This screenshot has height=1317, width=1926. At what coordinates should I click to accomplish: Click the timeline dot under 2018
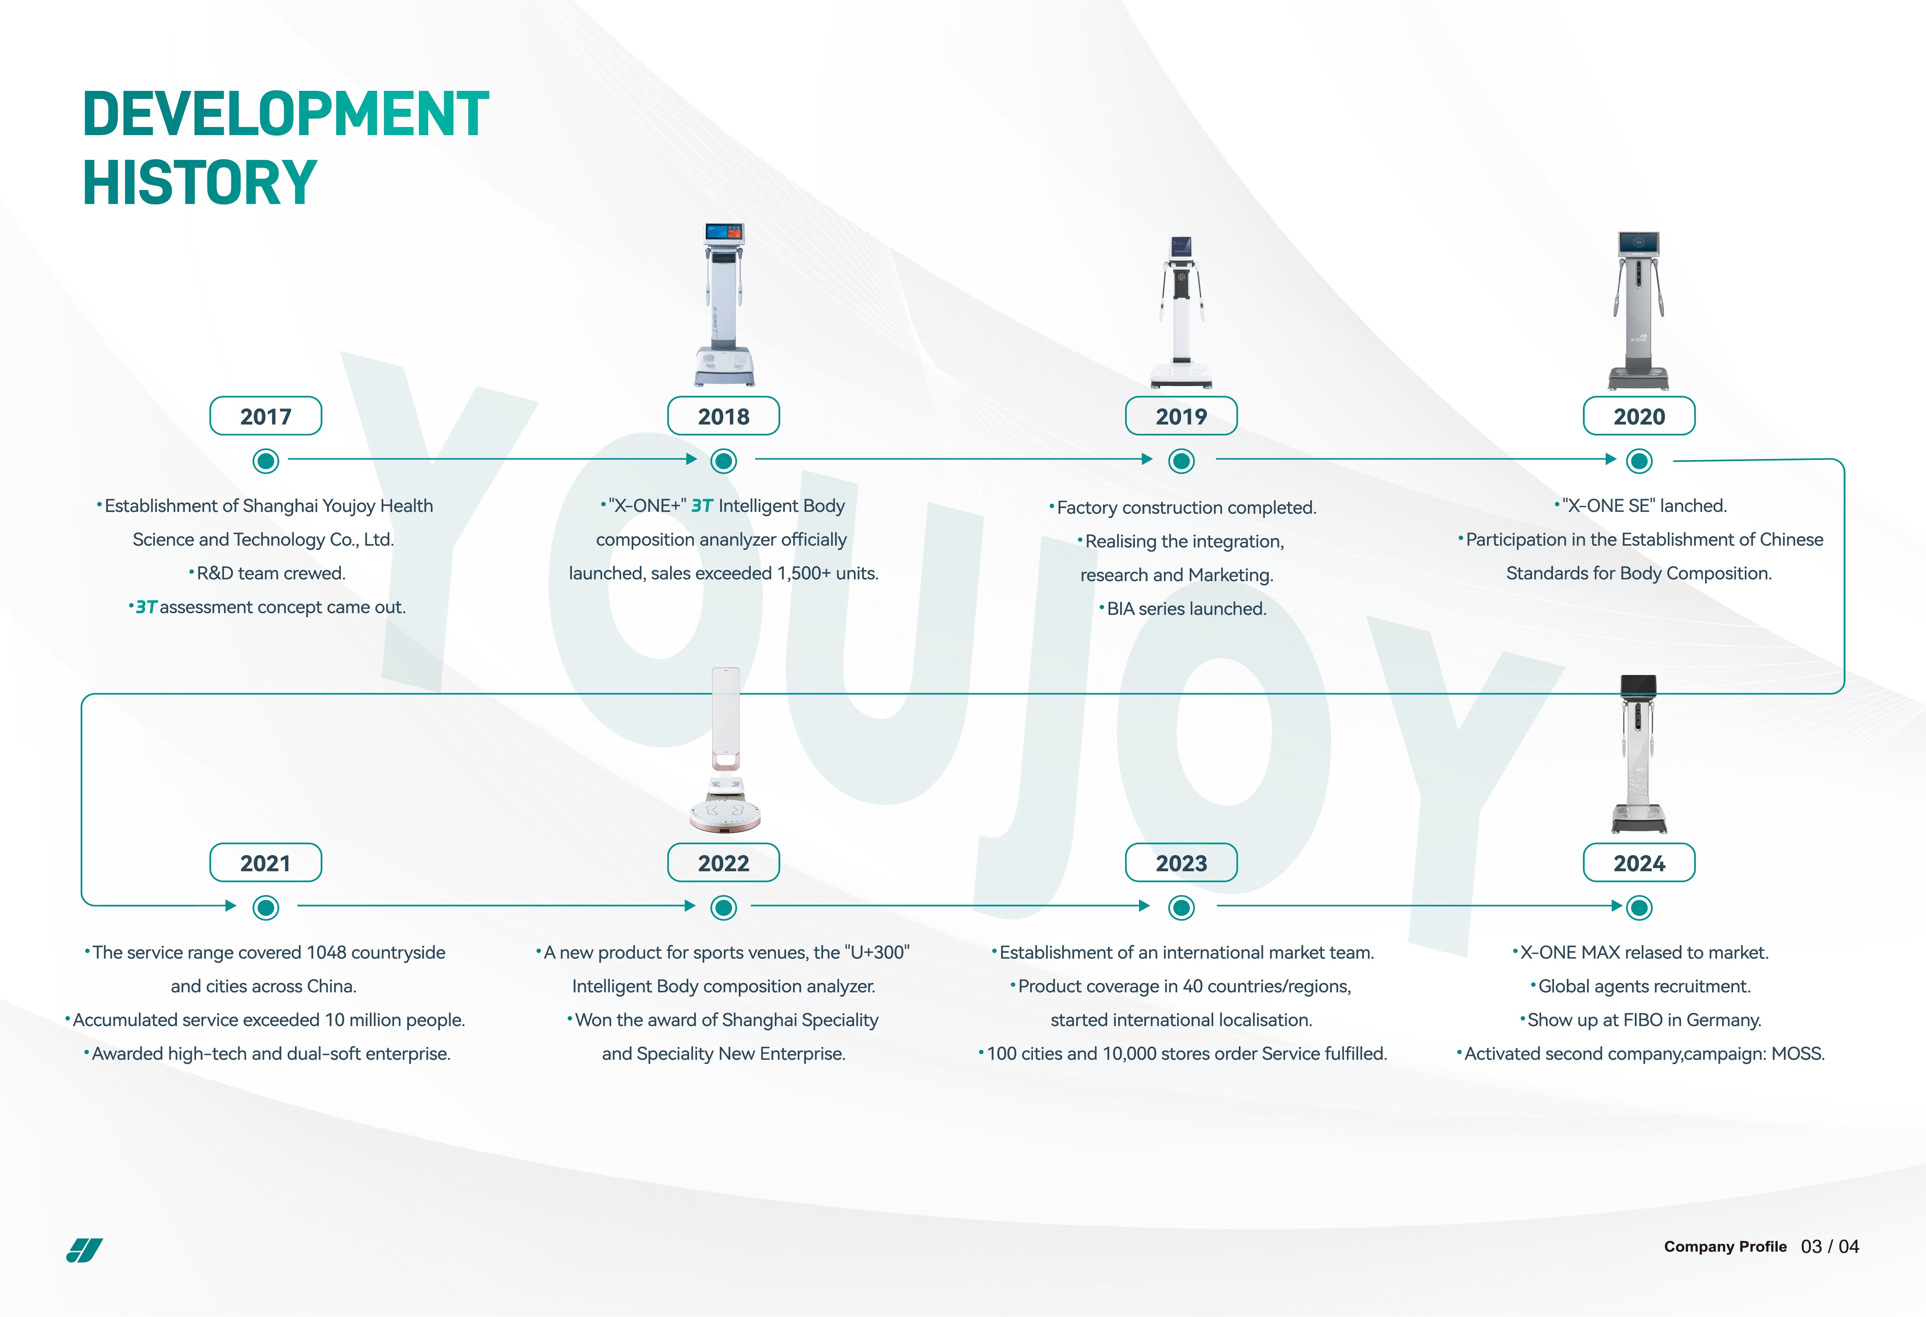pos(724,461)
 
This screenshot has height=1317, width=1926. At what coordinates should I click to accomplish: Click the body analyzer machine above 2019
pos(1181,313)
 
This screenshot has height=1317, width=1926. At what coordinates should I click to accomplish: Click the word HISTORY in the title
pos(200,182)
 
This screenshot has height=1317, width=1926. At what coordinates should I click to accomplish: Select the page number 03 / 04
pos(1830,1247)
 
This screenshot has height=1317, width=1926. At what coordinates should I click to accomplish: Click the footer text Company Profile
pos(1725,1247)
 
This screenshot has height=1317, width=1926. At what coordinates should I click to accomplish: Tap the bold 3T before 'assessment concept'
pos(146,607)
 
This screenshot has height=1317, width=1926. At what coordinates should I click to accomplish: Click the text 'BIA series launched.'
pos(1187,608)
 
